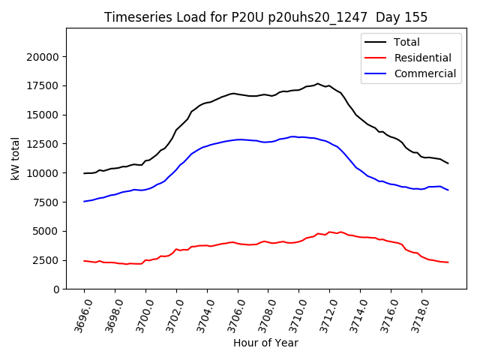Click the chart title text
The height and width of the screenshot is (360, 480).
265,17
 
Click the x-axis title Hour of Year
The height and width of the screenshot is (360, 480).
265,343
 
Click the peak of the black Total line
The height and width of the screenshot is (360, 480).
317,83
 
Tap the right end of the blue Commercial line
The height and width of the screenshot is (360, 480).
448,190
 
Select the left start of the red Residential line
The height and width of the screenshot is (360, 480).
84,261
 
